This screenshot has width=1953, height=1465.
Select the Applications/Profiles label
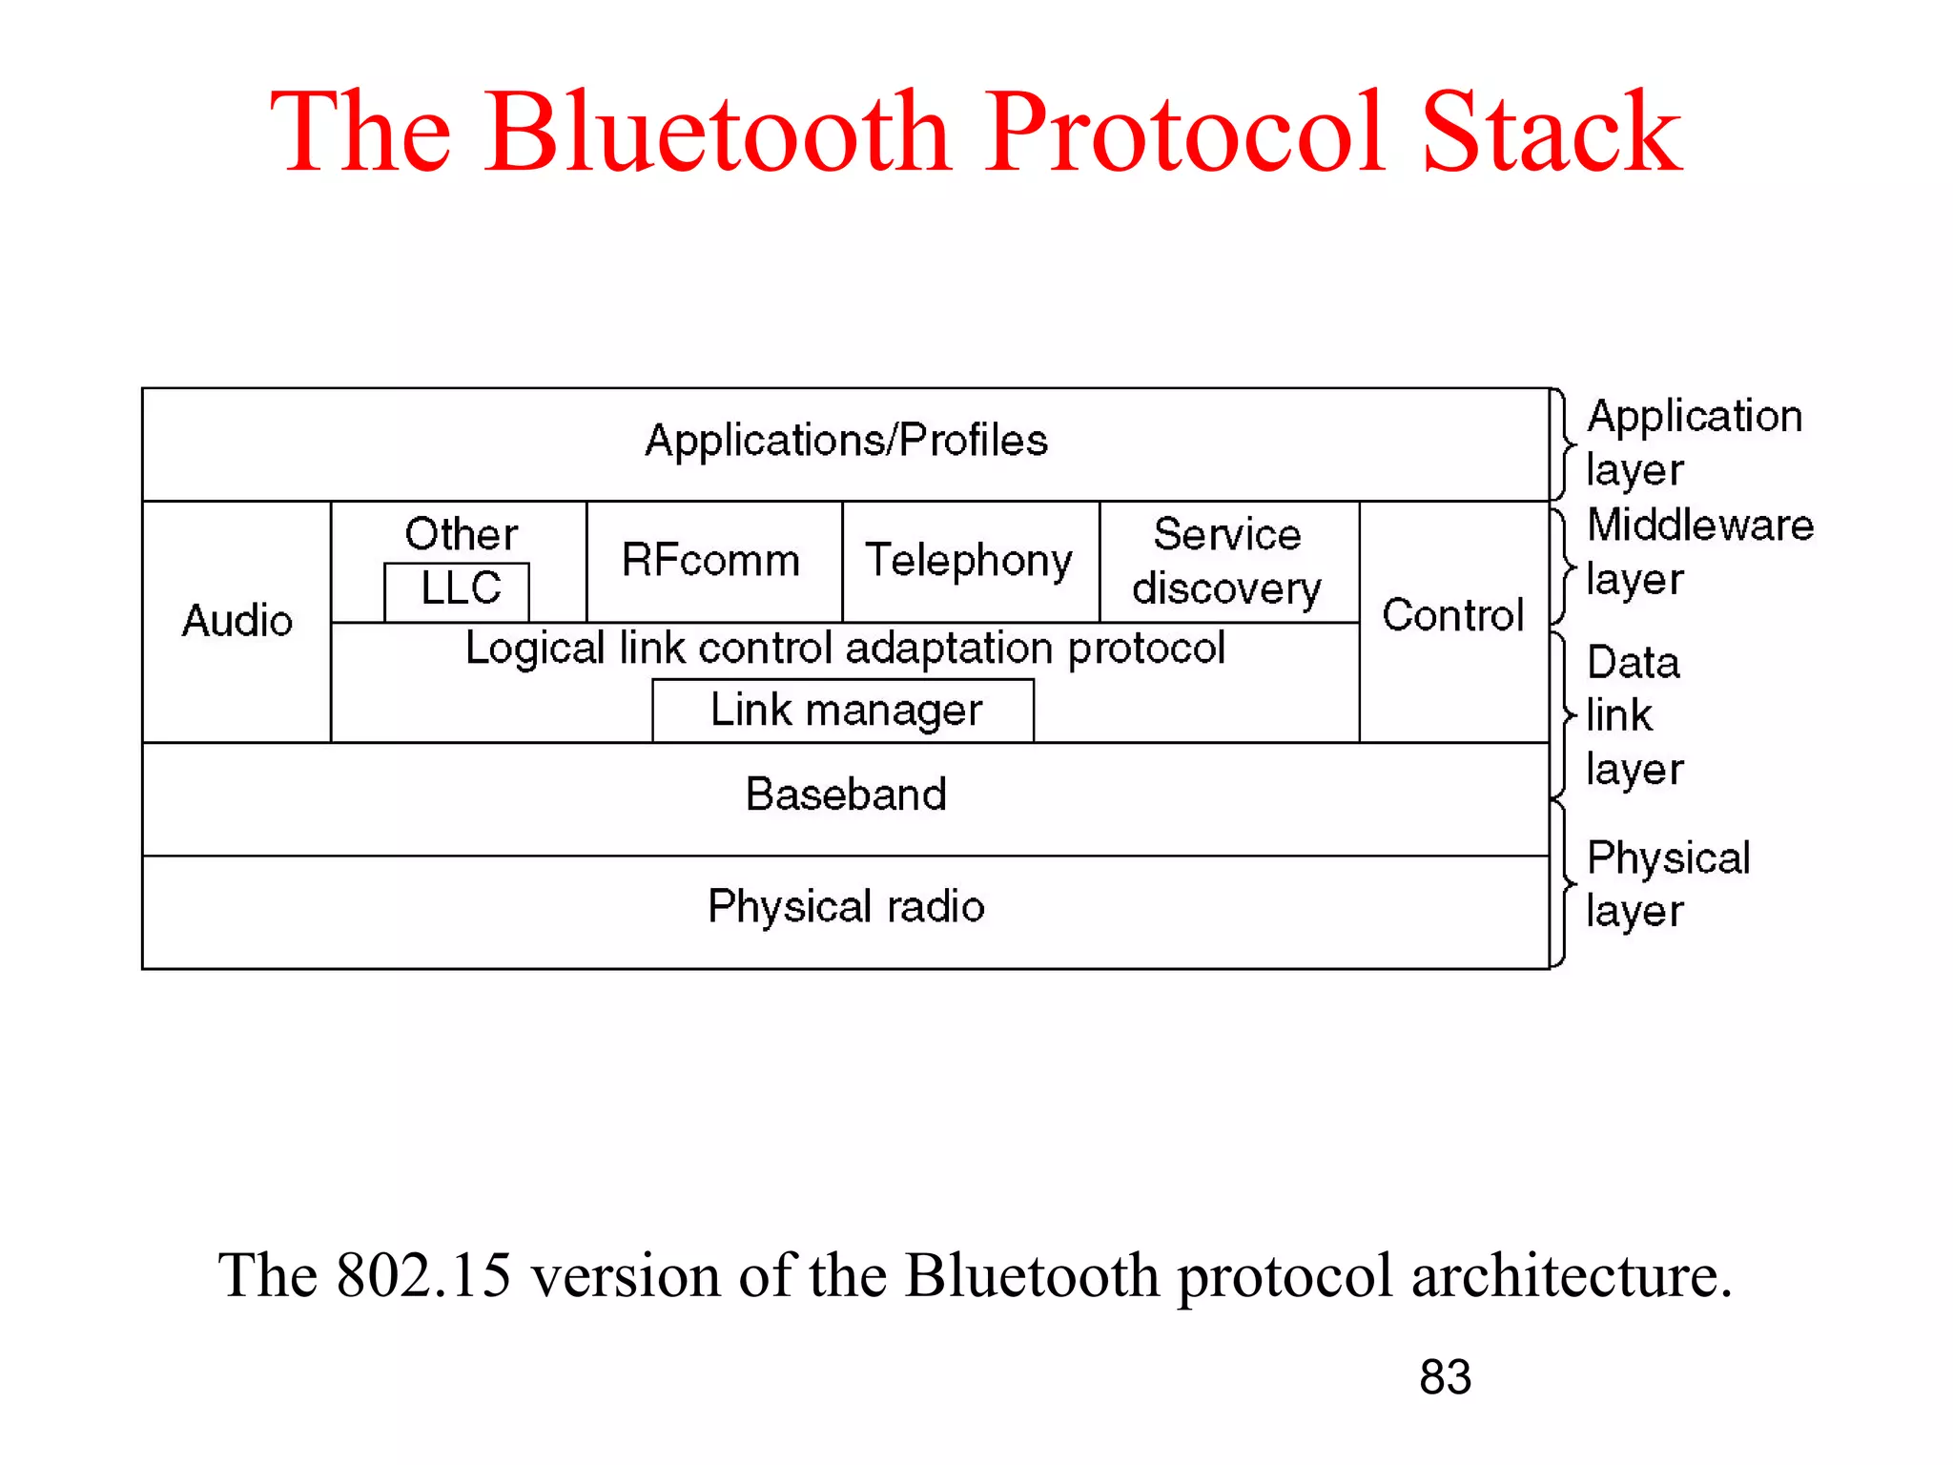click(846, 441)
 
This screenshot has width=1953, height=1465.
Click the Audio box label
click(236, 621)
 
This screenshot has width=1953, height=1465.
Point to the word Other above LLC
click(461, 534)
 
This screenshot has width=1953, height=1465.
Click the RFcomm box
click(711, 561)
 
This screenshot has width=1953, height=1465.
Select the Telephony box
click(969, 561)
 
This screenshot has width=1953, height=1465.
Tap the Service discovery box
click(1227, 562)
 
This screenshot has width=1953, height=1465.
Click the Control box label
click(1452, 616)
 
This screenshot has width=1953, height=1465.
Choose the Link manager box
click(845, 711)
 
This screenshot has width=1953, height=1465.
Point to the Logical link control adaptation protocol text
click(845, 649)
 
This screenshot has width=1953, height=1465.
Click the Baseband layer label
click(845, 794)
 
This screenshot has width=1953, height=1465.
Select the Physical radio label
click(845, 906)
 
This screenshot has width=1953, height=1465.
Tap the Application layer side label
click(1693, 443)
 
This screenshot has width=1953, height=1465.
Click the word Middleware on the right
click(1699, 526)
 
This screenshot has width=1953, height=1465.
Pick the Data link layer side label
click(1634, 715)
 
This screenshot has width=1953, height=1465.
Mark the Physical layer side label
click(1667, 883)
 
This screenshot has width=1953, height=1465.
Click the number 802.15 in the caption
click(423, 1275)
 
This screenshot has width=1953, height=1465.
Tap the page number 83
click(1445, 1377)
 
